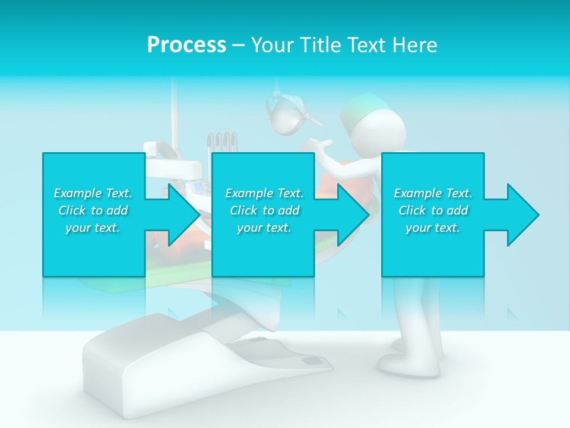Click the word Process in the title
click(186, 45)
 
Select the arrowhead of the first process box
click(182, 215)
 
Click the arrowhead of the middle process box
click(351, 215)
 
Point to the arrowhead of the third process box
click(521, 215)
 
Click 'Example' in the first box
click(77, 193)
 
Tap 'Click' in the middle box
click(243, 210)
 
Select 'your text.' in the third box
click(432, 228)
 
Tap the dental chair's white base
click(178, 357)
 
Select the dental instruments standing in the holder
click(222, 143)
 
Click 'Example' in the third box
click(417, 193)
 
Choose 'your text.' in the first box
click(92, 228)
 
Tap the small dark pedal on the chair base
click(310, 361)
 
